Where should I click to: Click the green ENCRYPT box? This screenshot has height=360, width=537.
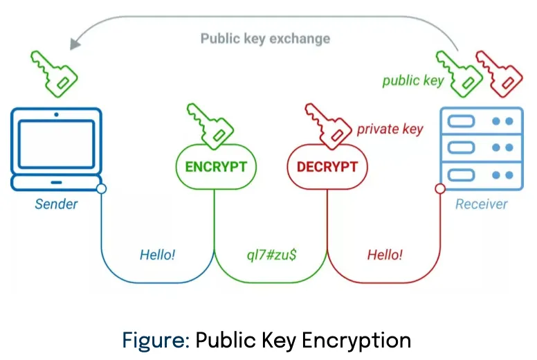tap(215, 167)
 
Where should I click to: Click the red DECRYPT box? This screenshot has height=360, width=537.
tap(327, 167)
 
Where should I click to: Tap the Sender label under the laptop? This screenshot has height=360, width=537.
tap(57, 204)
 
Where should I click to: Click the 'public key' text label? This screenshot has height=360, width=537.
tap(413, 81)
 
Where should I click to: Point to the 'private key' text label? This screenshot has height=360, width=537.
tap(390, 129)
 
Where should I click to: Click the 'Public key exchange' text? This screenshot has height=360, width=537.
tap(265, 38)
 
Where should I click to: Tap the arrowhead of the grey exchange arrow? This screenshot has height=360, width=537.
tap(74, 44)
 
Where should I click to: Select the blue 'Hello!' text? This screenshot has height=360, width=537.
tap(158, 255)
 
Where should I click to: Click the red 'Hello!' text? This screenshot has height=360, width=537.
tap(385, 255)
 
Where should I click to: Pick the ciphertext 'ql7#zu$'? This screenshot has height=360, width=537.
tap(271, 255)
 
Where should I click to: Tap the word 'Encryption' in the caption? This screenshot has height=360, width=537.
tap(362, 340)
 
